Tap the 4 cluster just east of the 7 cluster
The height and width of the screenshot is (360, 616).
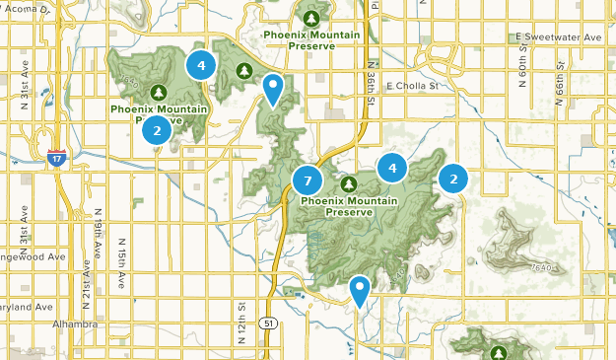click(392, 168)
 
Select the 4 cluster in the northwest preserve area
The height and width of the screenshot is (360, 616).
click(201, 66)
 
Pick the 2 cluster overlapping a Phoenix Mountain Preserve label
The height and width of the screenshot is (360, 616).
click(156, 129)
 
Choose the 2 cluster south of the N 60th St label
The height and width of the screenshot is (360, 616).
click(453, 179)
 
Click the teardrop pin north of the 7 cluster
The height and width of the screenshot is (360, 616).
click(273, 89)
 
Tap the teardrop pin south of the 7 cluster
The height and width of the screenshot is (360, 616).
click(361, 289)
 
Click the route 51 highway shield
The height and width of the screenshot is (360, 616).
click(267, 324)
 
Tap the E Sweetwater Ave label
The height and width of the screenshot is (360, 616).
click(558, 36)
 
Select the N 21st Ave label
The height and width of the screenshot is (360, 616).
click(86, 281)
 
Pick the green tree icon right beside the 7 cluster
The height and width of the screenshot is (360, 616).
click(348, 183)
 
